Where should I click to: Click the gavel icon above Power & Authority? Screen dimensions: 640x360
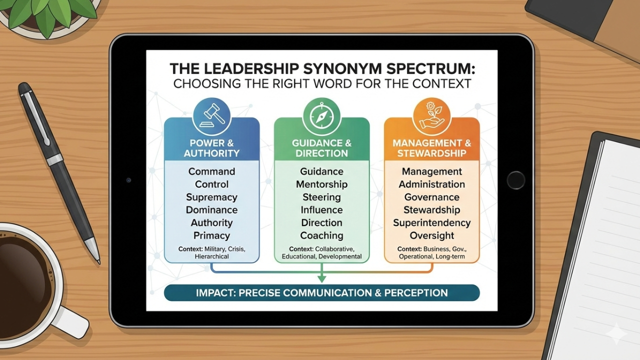pos(211,115)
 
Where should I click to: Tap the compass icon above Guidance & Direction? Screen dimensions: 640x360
pos(321,115)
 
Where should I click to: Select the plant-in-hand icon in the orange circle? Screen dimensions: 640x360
pos(431,115)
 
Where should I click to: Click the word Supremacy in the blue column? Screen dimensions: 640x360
pos(211,197)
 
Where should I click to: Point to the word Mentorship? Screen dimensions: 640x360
pos(321,184)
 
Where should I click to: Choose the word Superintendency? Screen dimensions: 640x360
pos(431,222)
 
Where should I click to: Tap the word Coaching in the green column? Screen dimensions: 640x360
pos(321,235)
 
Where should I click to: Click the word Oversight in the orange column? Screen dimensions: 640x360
pos(431,235)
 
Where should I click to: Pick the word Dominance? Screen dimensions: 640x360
pos(211,210)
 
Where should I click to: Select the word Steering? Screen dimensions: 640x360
pos(321,197)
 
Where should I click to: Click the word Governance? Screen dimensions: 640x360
pos(431,197)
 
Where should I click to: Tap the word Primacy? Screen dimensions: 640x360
pos(211,235)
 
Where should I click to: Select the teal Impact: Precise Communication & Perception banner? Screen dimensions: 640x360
pos(321,292)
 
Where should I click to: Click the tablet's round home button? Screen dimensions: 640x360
pos(515,180)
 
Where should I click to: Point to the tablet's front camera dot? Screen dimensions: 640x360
pos(129,180)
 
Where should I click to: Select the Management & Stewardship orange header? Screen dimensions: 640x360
pos(431,148)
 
